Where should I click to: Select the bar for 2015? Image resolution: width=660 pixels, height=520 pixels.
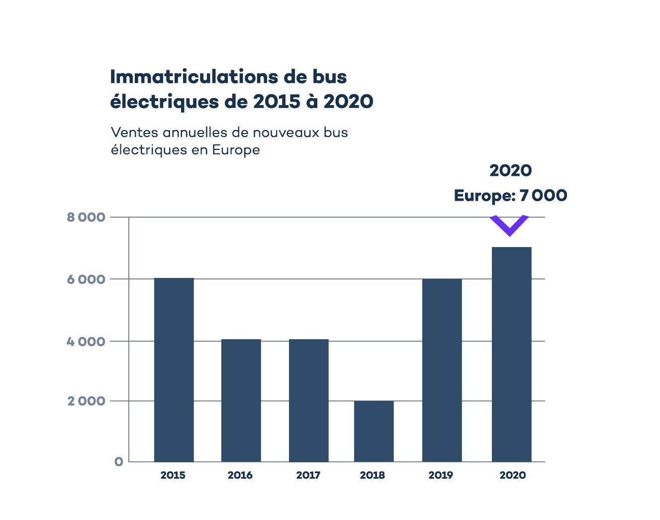(174, 370)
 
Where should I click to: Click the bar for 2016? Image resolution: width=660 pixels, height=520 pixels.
(241, 400)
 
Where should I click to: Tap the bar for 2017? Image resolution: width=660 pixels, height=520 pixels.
(308, 400)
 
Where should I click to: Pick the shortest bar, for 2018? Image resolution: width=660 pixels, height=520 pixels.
(374, 431)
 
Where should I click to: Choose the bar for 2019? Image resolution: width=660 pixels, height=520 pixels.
(442, 370)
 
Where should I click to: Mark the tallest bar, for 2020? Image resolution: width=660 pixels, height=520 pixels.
(511, 354)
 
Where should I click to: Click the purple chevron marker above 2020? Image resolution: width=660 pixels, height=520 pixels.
(509, 226)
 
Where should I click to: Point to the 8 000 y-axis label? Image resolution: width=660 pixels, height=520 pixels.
(86, 217)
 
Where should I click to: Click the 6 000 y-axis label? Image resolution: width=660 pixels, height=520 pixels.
(86, 279)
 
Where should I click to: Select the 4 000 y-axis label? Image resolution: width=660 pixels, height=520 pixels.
(86, 342)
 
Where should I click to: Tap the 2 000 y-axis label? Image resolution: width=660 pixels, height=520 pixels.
(86, 401)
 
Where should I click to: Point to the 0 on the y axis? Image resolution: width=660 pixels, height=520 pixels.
(118, 462)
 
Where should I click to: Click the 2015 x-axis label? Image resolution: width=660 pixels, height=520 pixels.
(173, 475)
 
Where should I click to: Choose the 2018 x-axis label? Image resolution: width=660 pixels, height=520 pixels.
(373, 475)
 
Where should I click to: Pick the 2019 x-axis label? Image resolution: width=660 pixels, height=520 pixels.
(441, 475)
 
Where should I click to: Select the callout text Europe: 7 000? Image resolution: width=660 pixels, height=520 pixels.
(510, 195)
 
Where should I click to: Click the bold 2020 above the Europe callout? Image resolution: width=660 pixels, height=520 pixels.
(510, 170)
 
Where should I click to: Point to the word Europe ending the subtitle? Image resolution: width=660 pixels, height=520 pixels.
(236, 150)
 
